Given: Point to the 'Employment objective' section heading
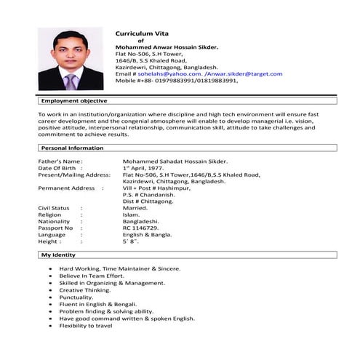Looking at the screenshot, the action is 73,100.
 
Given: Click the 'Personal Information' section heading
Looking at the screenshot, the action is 72,148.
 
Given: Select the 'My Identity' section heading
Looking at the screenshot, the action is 59,256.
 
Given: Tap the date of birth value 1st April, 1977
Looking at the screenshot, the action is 150,168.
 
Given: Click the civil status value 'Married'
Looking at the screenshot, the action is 136,208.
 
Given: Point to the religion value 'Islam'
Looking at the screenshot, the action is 132,215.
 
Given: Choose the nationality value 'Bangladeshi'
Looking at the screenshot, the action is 141,221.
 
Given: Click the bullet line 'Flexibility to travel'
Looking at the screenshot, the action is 86,325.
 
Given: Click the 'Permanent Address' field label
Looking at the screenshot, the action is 66,188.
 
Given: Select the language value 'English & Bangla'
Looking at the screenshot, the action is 148,234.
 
